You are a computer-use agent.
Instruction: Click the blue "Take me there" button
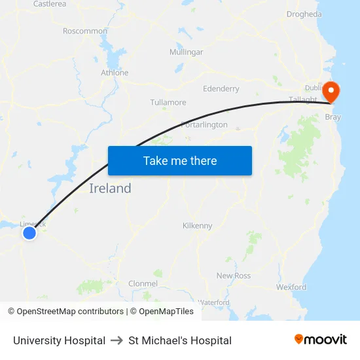coord(180,160)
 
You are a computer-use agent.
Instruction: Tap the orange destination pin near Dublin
coord(331,91)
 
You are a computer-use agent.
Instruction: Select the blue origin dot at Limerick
coord(29,232)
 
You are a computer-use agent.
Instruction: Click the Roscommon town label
coord(85,31)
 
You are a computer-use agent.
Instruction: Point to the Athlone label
coord(114,73)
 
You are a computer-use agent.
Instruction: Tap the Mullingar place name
coord(187,52)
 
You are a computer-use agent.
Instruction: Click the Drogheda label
coord(304,14)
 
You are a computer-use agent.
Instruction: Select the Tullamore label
coord(168,103)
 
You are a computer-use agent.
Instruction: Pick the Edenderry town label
coord(221,89)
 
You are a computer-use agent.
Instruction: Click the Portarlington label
coord(204,124)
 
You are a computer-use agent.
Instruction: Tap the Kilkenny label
coord(197,226)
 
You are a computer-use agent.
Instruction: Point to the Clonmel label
coord(143,283)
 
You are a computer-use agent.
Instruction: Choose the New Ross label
coord(234,276)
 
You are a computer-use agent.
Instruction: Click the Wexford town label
coord(291,287)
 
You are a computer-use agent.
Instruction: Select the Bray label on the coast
coord(333,118)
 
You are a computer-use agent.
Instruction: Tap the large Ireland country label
coord(110,189)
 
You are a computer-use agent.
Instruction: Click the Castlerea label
coord(50,4)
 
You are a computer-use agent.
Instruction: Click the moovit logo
coord(321,340)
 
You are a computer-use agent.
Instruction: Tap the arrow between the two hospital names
coord(117,340)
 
